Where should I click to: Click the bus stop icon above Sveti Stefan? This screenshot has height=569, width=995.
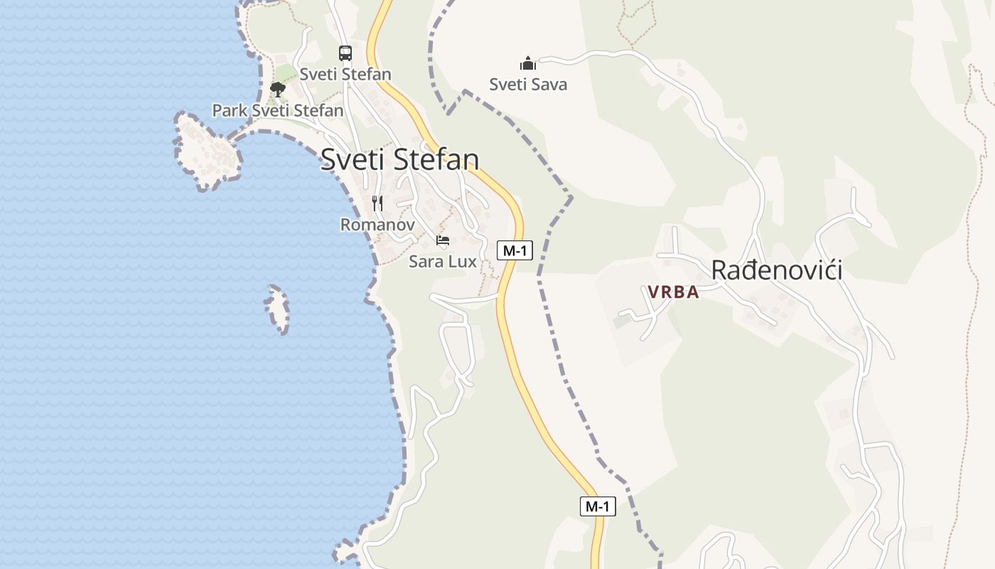(x=345, y=53)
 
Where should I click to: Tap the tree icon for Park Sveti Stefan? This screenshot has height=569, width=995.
(x=278, y=90)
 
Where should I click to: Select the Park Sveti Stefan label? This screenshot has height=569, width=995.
(x=278, y=111)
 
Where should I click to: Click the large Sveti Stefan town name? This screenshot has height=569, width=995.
(x=399, y=159)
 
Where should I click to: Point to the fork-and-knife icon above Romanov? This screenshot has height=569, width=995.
(x=377, y=204)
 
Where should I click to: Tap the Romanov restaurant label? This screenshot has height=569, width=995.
(x=377, y=225)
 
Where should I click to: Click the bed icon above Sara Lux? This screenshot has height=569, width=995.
(x=443, y=240)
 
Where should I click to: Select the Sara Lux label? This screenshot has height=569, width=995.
(x=443, y=262)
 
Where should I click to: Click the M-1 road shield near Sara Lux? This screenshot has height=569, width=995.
(x=515, y=250)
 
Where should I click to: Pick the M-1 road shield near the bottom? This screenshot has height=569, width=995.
(x=598, y=506)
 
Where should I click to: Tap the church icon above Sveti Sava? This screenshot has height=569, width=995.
(x=528, y=63)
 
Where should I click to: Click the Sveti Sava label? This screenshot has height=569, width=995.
(x=528, y=85)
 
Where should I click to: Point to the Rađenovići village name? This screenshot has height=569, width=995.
(x=777, y=270)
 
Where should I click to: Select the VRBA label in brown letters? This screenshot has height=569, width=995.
(x=673, y=292)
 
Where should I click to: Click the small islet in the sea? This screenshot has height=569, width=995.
(x=278, y=309)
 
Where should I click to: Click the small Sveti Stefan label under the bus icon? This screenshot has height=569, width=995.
(x=345, y=74)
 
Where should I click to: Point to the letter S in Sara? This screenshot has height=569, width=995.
(x=414, y=262)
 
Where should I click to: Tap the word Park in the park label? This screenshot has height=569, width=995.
(x=230, y=111)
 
